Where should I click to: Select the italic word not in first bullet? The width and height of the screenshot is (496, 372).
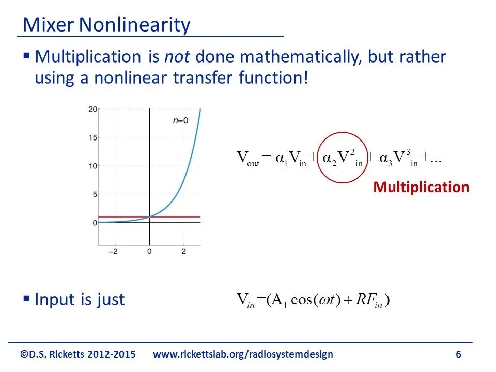[177, 57]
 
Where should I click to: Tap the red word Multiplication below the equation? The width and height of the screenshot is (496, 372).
[421, 187]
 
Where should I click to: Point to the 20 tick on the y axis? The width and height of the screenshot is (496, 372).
[92, 110]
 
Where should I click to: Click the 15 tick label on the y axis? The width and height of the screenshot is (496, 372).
[92, 138]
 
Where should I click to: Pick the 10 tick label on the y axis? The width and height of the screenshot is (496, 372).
[92, 166]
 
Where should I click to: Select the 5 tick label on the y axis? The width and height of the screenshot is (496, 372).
[94, 195]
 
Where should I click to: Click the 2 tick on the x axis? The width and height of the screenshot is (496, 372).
[183, 251]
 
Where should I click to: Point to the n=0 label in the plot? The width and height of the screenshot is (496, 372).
[180, 120]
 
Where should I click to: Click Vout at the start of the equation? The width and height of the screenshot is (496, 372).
[247, 159]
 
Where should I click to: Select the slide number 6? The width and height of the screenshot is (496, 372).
[458, 354]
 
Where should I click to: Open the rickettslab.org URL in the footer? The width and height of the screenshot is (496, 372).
[243, 354]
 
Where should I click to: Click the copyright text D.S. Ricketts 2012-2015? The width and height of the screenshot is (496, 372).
[78, 354]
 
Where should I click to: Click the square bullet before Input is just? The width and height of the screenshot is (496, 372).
[27, 298]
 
